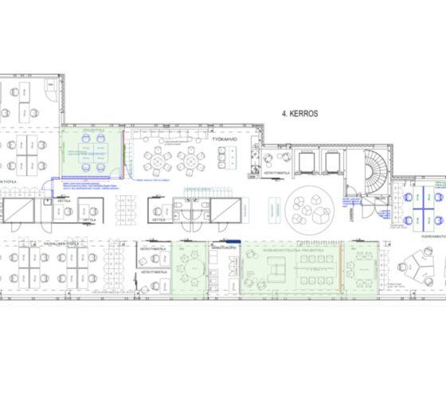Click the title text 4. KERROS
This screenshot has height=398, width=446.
299,115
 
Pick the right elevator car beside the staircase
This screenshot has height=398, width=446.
331,162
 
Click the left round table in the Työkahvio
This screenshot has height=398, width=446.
158,162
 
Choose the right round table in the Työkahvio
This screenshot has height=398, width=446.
192,162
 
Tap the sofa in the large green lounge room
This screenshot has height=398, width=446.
276,271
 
